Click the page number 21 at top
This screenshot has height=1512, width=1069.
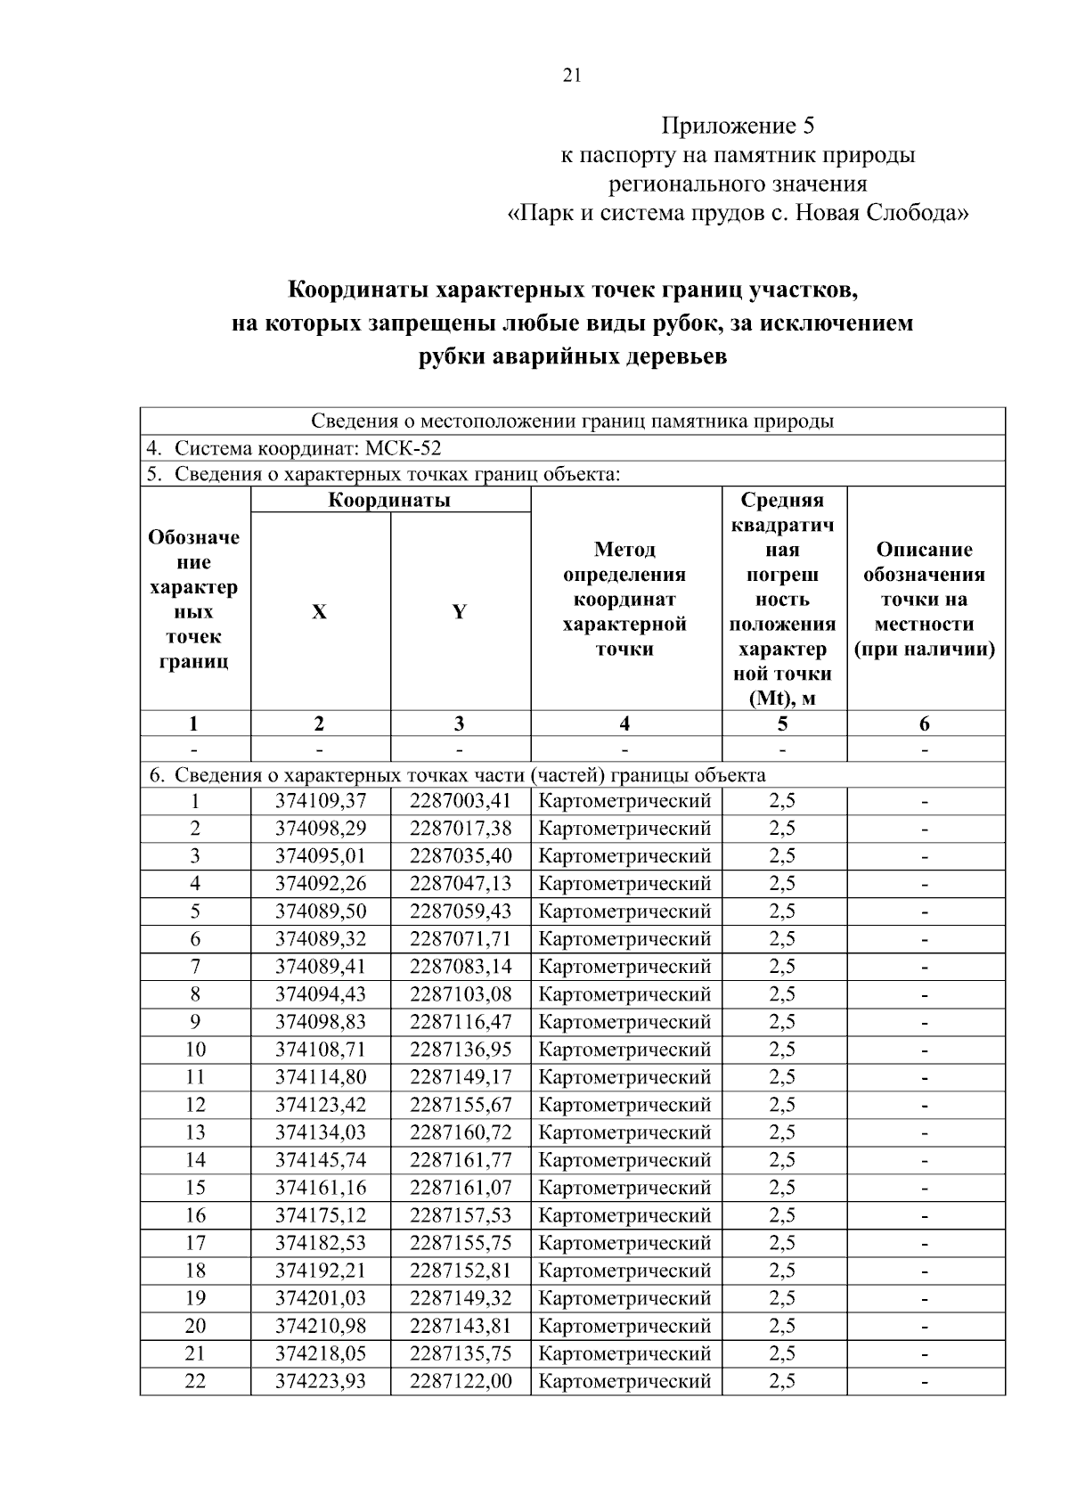pyautogui.click(x=572, y=76)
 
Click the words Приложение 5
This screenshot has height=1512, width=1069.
pyautogui.click(x=737, y=126)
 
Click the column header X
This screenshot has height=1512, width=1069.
pyautogui.click(x=319, y=612)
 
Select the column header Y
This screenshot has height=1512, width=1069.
pyautogui.click(x=459, y=612)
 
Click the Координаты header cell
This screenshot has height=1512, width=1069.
pyautogui.click(x=389, y=500)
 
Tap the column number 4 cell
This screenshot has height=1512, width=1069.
pyautogui.click(x=624, y=723)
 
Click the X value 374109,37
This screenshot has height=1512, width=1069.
pyautogui.click(x=321, y=801)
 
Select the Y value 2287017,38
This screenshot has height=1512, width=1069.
pyautogui.click(x=461, y=829)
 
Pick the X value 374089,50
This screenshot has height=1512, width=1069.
pyautogui.click(x=321, y=911)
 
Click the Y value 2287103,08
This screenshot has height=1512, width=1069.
pyautogui.click(x=461, y=994)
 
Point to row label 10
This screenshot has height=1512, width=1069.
pyautogui.click(x=195, y=1050)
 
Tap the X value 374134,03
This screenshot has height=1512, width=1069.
pyautogui.click(x=321, y=1132)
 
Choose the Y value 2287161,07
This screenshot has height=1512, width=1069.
pyautogui.click(x=461, y=1188)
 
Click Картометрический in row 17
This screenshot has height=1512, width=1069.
pyautogui.click(x=624, y=1243)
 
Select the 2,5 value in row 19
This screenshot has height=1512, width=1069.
pyautogui.click(x=782, y=1298)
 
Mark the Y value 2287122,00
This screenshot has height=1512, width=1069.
pyautogui.click(x=461, y=1381)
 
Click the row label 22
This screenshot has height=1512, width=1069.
pyautogui.click(x=195, y=1381)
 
